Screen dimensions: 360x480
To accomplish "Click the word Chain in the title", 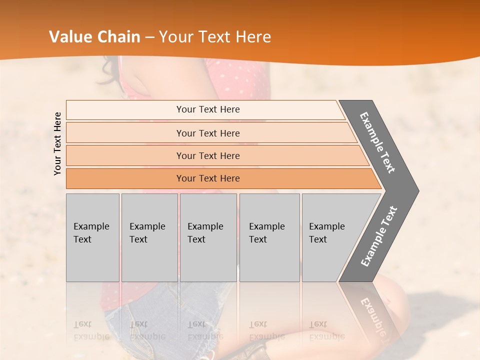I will point(119,37).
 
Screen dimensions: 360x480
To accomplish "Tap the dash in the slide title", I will point(149,37).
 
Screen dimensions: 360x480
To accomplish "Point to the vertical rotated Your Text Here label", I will point(57,143).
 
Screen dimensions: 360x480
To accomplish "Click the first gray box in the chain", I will point(92,237).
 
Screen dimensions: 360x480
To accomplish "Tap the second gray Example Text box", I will point(149,237).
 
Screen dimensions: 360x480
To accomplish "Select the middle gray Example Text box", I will point(208,237).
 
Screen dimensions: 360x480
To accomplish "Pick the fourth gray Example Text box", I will point(269,237).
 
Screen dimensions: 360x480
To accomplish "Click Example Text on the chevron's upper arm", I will point(377,142).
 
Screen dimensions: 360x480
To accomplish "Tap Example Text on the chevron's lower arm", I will point(378,236).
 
